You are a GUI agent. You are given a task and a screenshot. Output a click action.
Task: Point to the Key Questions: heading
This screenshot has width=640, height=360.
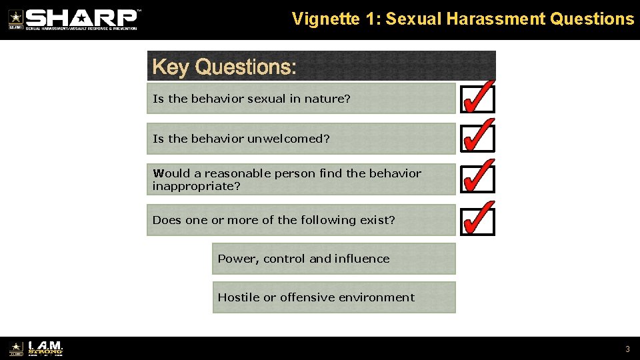point(225,67)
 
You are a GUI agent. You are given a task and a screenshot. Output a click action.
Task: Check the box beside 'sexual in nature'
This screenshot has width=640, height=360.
point(477,99)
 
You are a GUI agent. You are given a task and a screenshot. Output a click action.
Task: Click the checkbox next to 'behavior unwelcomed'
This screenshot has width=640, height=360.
point(477,139)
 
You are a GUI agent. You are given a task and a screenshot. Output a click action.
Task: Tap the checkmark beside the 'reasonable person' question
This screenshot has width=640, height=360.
point(477,179)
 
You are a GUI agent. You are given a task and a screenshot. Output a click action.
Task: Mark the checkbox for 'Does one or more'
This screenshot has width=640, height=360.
point(477,220)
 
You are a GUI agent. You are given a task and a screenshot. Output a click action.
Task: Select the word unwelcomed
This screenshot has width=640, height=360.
point(289,139)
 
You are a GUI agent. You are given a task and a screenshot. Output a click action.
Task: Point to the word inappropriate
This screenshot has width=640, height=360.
point(196,186)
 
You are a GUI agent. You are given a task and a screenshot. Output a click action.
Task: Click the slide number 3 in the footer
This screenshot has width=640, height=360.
point(627,349)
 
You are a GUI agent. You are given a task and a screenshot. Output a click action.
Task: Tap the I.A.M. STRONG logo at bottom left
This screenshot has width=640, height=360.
point(45,348)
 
